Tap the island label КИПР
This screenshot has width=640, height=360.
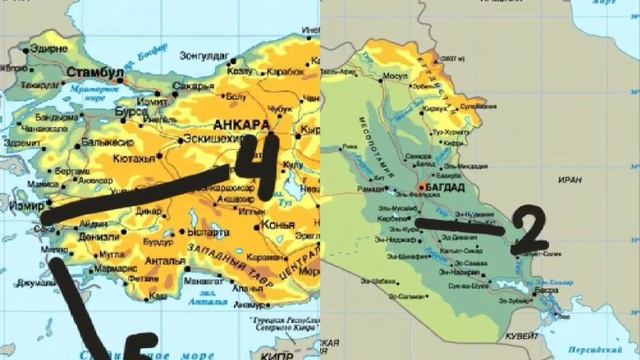coord(250,352)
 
